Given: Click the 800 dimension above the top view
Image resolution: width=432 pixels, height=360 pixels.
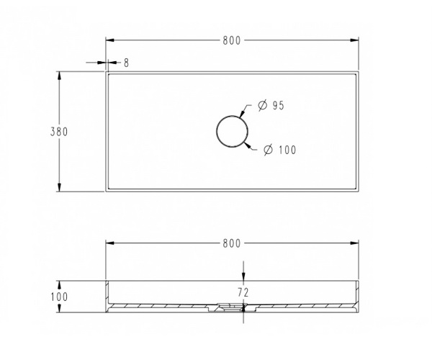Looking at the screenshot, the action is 232,40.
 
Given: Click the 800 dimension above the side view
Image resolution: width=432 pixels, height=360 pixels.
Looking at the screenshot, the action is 232,243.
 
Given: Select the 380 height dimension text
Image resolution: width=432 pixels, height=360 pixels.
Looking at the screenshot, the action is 59,132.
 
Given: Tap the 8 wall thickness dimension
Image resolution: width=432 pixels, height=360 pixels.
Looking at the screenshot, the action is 126,63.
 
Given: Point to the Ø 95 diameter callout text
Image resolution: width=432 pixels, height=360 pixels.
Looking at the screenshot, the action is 271,105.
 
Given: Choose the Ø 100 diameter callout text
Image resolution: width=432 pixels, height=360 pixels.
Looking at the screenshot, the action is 279,150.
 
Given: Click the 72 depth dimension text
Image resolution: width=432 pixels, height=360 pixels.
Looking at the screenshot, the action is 243,292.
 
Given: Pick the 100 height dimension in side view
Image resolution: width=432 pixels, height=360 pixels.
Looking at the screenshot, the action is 59,297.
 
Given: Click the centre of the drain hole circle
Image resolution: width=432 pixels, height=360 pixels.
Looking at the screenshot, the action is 232,131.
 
